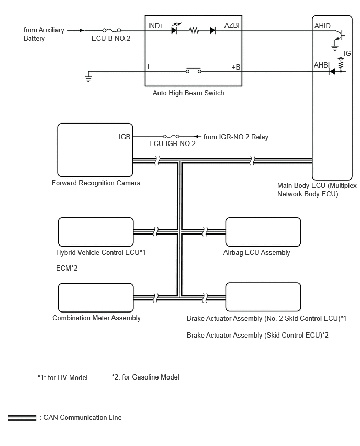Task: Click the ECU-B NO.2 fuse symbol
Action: tap(111, 30)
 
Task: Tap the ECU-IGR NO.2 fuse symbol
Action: tap(171, 136)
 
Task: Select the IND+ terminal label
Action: tap(156, 26)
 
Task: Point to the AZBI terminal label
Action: tap(232, 25)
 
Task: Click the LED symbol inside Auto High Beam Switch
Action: tap(175, 29)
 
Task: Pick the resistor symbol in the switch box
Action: tap(194, 30)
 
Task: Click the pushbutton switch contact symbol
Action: tap(194, 70)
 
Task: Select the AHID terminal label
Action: tap(322, 26)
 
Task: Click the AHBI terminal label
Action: tap(322, 65)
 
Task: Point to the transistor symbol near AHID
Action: tap(339, 36)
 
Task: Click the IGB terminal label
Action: tap(125, 137)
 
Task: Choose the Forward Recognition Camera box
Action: tap(95, 150)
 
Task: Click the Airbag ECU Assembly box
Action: tap(263, 232)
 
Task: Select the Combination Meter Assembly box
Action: tap(96, 297)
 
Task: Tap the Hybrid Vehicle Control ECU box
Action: tap(96, 232)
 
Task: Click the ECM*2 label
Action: tap(66, 268)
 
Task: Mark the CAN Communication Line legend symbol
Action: tap(22, 418)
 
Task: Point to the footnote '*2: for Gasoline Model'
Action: tap(145, 377)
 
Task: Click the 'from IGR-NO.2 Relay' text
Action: tap(236, 137)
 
